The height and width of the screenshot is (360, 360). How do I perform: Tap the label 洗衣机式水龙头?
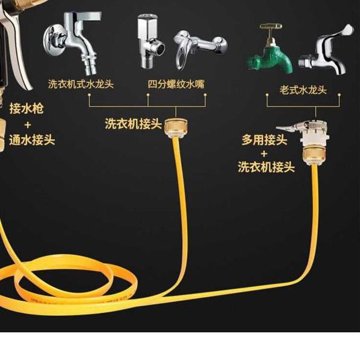point(81,84)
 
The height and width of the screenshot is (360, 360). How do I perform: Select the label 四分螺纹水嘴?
point(176,84)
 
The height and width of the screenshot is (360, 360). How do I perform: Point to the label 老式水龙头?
point(303,89)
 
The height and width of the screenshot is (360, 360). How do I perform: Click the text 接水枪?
point(27,108)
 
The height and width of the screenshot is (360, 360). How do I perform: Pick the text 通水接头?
point(32,140)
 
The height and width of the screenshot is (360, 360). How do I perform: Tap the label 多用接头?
point(265,140)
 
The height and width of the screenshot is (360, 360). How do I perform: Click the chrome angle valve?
point(150,41)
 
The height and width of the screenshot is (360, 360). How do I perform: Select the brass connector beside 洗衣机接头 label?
point(176,127)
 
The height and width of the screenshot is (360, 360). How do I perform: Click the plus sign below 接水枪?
point(28,125)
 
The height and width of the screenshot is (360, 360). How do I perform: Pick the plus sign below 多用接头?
point(264,153)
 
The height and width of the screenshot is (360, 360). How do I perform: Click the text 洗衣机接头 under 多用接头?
point(266,167)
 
